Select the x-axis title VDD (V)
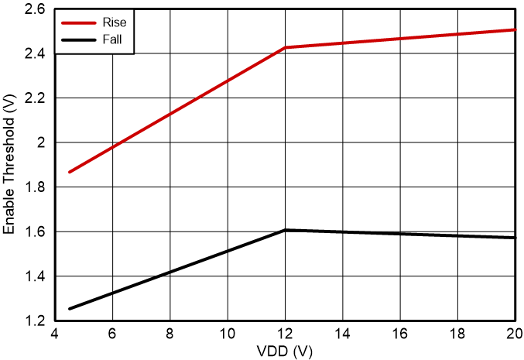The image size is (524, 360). [286, 351]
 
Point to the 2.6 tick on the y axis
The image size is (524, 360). [35, 9]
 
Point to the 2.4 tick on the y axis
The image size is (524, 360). [35, 54]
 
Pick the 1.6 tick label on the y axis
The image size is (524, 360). [35, 232]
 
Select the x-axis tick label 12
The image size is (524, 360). [286, 333]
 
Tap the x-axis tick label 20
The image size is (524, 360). [514, 333]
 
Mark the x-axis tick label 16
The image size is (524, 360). [400, 333]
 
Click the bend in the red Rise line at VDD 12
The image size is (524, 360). [286, 48]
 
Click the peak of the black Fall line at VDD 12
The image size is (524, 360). [286, 230]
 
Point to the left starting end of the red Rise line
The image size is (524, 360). [70, 172]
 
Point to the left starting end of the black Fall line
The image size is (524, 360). [70, 309]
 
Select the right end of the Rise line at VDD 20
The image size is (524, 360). [515, 29]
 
